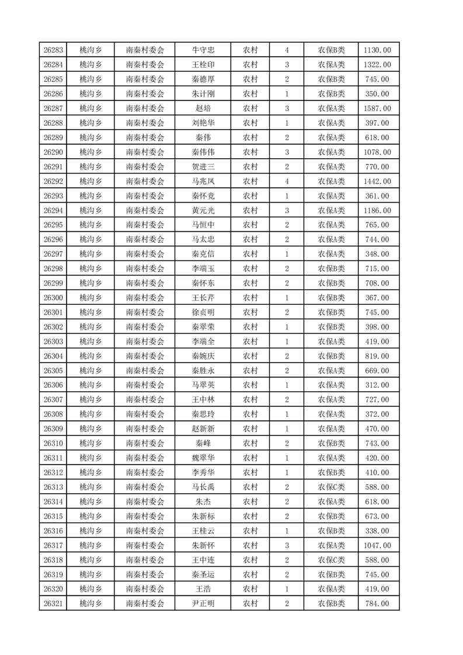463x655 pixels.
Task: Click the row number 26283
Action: pos(53,50)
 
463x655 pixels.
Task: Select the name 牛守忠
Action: pos(203,50)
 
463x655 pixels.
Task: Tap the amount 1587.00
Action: pos(377,109)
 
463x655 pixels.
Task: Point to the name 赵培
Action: pos(203,109)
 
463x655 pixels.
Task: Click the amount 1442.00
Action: pos(377,181)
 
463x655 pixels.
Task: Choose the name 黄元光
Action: pos(203,210)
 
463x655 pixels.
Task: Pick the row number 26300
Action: pos(53,298)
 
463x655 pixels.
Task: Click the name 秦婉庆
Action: pos(203,356)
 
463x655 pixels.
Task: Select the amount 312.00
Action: pos(377,385)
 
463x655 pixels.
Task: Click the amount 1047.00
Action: pos(377,545)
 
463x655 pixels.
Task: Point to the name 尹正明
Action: pos(203,604)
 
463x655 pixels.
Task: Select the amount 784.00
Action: pos(377,604)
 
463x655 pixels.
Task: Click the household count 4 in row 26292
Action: pos(287,181)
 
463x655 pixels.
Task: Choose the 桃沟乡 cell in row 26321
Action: pos(90,604)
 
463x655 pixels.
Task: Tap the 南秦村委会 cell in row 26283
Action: pos(145,50)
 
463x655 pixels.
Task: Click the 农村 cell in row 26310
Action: pos(250,444)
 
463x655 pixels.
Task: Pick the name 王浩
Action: pos(203,589)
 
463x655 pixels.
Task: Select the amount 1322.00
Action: pos(377,65)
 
